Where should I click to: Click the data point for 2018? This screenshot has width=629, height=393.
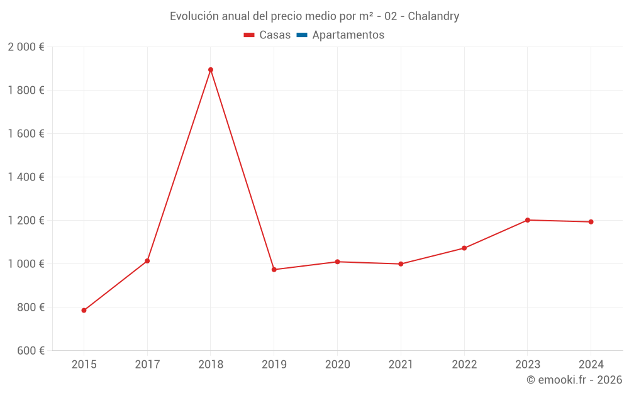click(211, 70)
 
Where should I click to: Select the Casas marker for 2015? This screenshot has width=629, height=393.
click(84, 310)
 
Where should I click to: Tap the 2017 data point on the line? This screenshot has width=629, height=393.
click(147, 261)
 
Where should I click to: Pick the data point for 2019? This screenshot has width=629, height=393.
click(274, 270)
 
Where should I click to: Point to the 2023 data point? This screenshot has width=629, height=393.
click(527, 220)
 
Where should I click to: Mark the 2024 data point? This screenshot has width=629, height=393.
click(591, 222)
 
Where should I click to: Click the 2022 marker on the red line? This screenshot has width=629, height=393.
click(464, 248)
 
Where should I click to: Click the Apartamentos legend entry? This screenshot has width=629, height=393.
click(348, 35)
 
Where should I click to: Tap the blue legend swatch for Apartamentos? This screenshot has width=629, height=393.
click(301, 35)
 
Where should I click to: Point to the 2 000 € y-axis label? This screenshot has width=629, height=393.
click(26, 47)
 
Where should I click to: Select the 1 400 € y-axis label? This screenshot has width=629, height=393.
click(26, 177)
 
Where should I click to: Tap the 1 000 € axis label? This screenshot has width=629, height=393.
click(26, 264)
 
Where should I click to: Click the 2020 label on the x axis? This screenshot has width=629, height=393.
click(337, 364)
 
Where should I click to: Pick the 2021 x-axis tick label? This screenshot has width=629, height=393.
click(401, 364)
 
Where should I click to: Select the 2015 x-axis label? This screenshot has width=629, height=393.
click(84, 364)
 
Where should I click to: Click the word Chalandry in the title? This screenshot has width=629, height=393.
click(433, 16)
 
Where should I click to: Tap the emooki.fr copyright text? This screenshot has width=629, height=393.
click(574, 380)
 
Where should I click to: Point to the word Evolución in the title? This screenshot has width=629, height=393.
click(192, 16)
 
